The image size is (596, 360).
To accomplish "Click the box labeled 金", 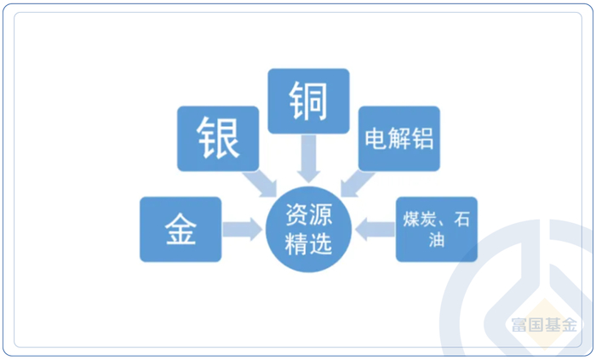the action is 181,229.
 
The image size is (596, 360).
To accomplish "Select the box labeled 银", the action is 217,139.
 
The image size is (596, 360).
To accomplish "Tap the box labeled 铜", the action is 307,100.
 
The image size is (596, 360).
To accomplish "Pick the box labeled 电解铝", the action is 398,139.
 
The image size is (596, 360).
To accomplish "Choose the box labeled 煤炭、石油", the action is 436,229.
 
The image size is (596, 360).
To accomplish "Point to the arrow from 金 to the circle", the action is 243,229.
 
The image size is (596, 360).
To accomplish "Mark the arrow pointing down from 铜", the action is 307,158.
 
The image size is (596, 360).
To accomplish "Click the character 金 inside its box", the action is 181,229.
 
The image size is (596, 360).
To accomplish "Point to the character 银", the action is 218,138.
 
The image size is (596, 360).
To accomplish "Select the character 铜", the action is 307,100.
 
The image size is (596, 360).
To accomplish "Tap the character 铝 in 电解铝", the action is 421,139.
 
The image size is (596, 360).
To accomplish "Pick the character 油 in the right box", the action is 437,242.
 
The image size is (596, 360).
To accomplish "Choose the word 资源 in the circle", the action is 308,216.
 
